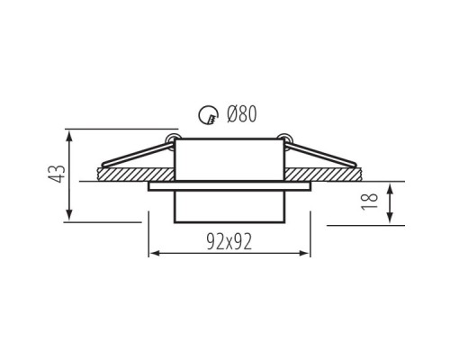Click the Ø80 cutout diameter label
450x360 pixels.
[x=242, y=114]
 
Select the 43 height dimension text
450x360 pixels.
[x=57, y=174]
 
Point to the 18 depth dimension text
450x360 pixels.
[x=369, y=202]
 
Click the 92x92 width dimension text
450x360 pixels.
[x=229, y=242]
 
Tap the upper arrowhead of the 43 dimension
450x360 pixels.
[x=69, y=136]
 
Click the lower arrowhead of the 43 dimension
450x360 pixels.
[x=69, y=215]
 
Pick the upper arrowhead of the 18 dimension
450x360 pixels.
[x=390, y=188]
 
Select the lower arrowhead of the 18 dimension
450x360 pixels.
[x=390, y=218]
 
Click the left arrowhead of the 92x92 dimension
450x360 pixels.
[x=154, y=254]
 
